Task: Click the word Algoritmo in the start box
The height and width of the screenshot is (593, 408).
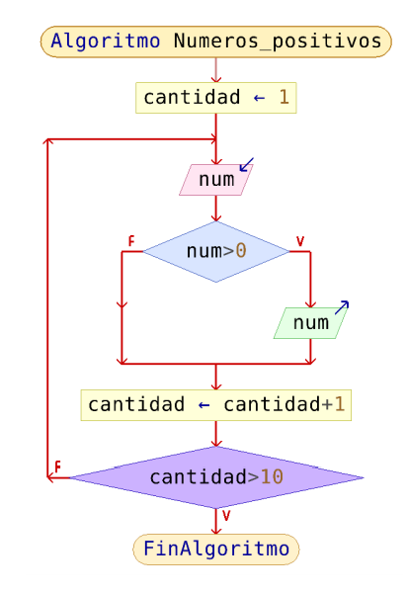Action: tap(105, 42)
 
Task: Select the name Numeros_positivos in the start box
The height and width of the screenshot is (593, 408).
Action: tap(278, 42)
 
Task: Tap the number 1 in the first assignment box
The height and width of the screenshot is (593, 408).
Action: tap(284, 97)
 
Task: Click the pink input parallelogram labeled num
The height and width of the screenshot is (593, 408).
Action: tap(216, 180)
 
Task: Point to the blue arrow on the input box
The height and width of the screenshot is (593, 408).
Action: tap(247, 164)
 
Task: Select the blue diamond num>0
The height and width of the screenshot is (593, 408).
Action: tap(216, 251)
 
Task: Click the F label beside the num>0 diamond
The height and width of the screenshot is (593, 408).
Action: tap(131, 241)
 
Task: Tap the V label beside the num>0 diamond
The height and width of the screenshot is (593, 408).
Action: tap(300, 241)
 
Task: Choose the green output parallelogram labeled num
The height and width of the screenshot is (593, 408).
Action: tap(310, 323)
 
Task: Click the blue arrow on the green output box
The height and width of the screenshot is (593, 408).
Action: tap(342, 307)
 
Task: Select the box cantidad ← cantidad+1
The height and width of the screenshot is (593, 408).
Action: tap(216, 405)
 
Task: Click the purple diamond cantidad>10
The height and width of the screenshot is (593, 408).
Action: tap(216, 477)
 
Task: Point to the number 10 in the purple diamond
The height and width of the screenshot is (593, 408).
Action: tap(272, 477)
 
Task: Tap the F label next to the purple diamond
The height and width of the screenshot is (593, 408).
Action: tap(57, 466)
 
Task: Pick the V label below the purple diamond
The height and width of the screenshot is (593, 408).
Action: tap(226, 516)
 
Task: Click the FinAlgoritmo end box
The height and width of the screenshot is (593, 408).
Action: tap(216, 550)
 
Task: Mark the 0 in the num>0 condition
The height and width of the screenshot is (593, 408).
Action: tap(241, 251)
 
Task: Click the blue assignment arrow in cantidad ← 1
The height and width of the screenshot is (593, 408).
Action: tap(259, 98)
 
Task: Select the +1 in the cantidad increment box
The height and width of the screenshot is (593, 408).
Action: tap(333, 404)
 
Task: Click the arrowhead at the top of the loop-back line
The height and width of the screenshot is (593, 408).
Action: tap(47, 140)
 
